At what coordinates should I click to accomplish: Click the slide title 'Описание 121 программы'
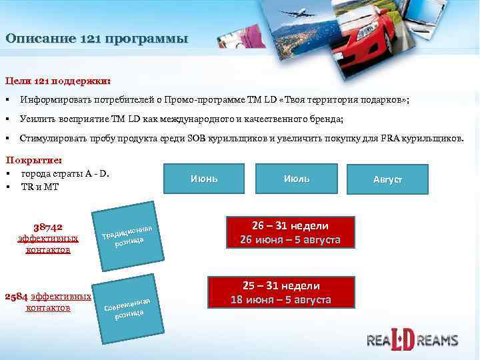(97, 39)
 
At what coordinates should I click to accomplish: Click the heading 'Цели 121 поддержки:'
(58, 81)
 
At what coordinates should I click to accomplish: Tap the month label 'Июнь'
(204, 179)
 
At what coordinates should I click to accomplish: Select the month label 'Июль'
(297, 179)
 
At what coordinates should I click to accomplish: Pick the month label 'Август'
(388, 180)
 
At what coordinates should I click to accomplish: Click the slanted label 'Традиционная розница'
(131, 233)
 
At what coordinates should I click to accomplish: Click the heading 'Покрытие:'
(34, 161)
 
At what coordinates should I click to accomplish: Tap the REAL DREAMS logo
(413, 339)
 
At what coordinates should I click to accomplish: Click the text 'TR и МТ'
(40, 187)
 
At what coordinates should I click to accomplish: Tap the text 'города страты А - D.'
(65, 174)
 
